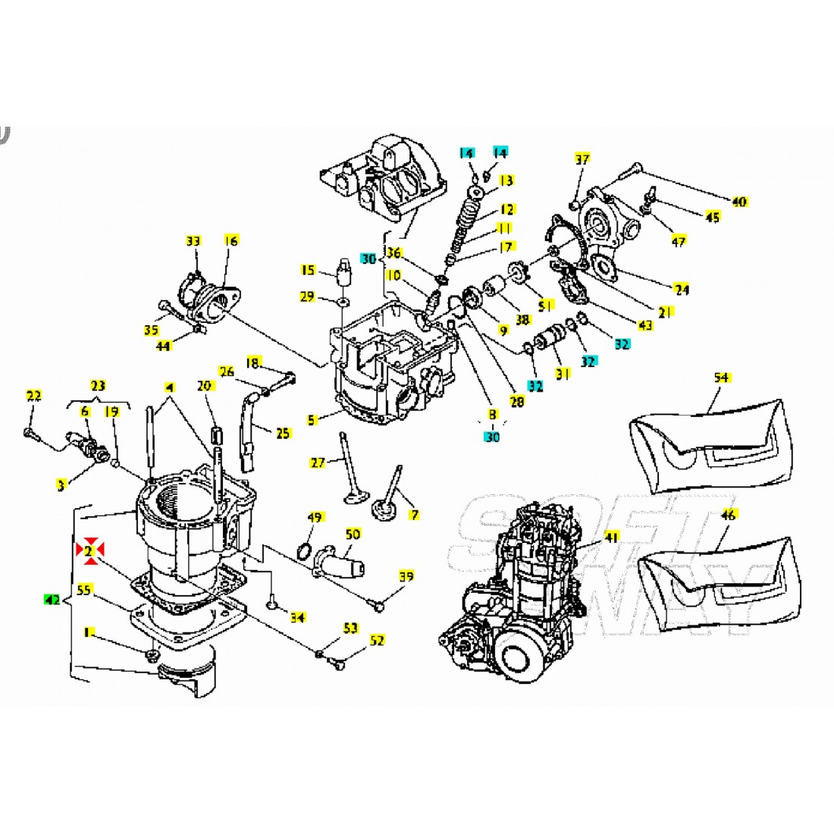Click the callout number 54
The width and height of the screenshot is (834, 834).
coord(721,377)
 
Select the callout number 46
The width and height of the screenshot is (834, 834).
coord(728,516)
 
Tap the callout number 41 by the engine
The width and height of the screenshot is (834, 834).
coord(612,538)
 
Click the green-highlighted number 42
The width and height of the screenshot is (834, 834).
coord(52,599)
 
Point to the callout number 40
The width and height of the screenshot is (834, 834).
coord(739,202)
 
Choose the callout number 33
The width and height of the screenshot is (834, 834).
coord(193,241)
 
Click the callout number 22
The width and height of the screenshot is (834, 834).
coord(33,395)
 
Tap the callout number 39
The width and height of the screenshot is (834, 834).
coord(406,577)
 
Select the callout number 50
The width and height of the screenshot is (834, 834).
coord(353,535)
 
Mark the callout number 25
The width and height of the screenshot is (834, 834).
coord(283,434)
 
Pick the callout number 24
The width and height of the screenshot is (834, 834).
coord(682,288)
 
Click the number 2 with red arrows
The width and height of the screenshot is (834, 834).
coord(89,551)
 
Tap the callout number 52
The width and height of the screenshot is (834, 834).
coord(377,641)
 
